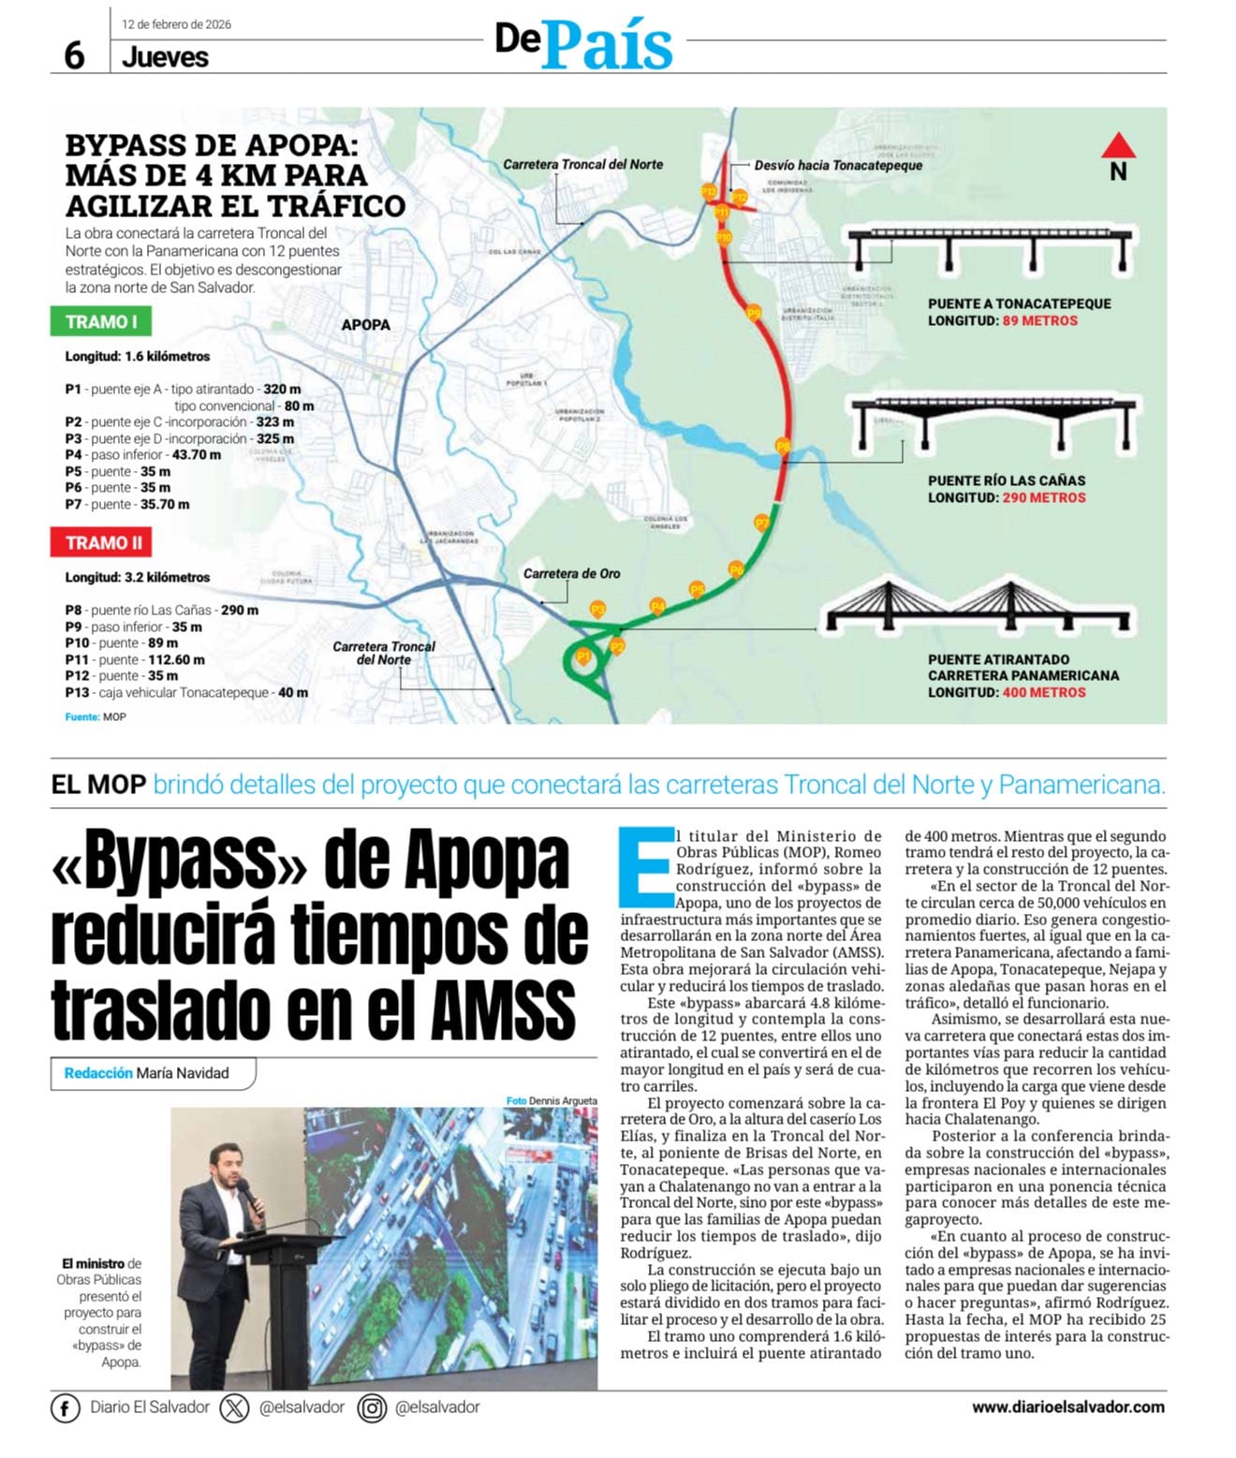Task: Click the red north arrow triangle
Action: pos(1118,146)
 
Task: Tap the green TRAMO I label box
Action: pos(101,322)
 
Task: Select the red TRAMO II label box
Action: pos(102,543)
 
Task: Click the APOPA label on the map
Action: pos(365,325)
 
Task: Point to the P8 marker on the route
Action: pos(784,447)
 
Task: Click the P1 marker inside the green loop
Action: pos(583,657)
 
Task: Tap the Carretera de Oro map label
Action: pos(571,573)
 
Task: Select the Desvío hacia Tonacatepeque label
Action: pos(838,166)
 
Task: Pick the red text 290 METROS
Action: pos(1043,498)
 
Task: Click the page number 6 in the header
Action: pos(74,56)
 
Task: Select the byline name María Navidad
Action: pos(182,1073)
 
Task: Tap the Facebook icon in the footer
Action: pos(65,1408)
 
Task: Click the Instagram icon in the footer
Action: pos(372,1408)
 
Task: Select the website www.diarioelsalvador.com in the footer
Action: pos(1067,1406)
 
